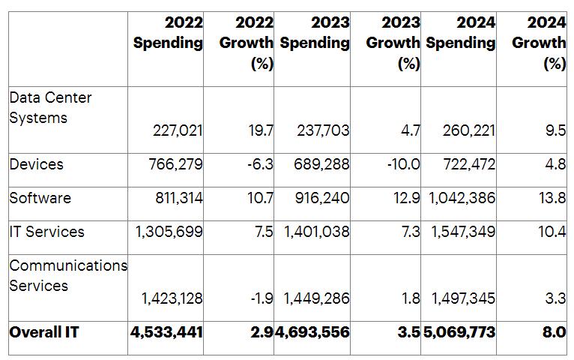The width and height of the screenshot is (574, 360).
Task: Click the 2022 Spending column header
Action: click(x=168, y=33)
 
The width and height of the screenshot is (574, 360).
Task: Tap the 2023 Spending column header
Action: click(x=315, y=33)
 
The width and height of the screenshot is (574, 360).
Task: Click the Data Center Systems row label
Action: click(x=50, y=107)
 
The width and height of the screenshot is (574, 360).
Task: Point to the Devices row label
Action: click(x=36, y=164)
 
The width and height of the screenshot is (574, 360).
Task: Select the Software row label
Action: click(x=40, y=198)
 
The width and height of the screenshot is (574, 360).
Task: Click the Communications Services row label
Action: click(x=68, y=275)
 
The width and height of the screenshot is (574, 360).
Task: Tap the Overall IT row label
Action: click(x=44, y=331)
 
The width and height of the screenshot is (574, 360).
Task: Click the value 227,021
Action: click(x=178, y=130)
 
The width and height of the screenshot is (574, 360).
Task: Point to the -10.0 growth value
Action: click(x=402, y=164)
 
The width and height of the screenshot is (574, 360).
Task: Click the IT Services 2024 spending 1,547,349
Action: click(x=463, y=232)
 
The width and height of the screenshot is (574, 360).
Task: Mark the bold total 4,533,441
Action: click(x=166, y=331)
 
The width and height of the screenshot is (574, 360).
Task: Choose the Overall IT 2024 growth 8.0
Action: click(x=554, y=331)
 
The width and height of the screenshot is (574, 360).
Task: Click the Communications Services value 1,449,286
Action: click(x=316, y=299)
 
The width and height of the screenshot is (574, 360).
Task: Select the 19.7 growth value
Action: click(x=260, y=130)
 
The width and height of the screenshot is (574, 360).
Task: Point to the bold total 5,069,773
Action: click(x=459, y=331)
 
